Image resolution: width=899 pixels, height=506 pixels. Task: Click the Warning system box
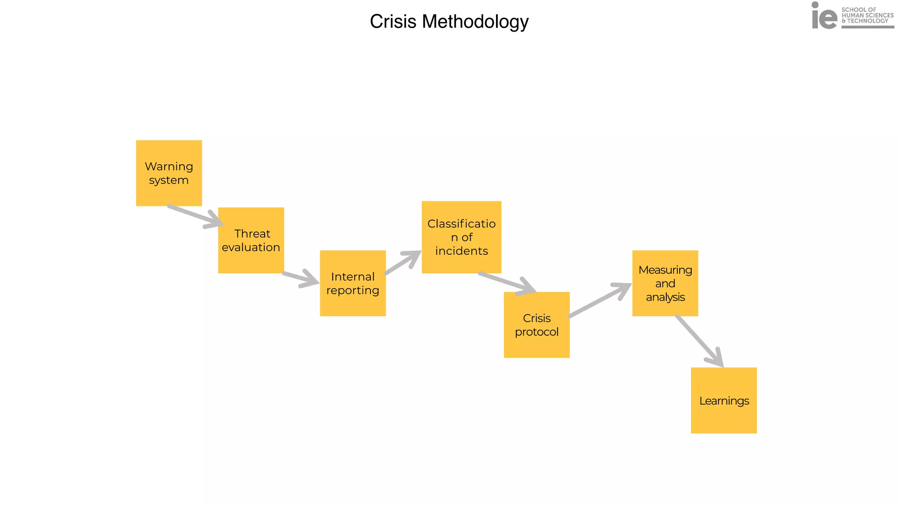[x=169, y=173]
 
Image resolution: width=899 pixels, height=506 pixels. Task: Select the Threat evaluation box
[x=251, y=240]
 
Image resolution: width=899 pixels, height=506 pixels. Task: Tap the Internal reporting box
[x=353, y=283]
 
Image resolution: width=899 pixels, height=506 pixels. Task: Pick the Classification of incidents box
[x=461, y=237]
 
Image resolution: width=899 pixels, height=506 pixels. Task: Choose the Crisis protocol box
[x=536, y=325]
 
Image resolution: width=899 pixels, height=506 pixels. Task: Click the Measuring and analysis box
[x=665, y=283]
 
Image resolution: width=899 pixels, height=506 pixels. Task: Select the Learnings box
[x=724, y=401]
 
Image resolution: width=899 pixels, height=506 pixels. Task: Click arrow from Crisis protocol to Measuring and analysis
[x=599, y=300]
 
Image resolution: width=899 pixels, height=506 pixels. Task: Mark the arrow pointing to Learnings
[x=699, y=341]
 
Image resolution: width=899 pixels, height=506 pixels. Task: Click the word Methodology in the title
[x=475, y=22]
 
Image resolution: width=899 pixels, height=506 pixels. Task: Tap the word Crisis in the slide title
[x=393, y=22]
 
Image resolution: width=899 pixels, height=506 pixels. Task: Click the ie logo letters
[x=824, y=17]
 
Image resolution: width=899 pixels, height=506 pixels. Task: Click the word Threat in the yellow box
[x=252, y=234]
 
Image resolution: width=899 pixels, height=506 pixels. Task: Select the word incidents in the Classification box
[x=461, y=251]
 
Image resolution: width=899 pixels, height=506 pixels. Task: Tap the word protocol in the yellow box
[x=536, y=332]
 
